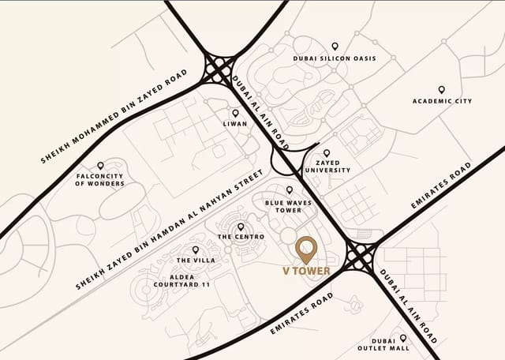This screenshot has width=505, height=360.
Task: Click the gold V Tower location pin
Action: pos(306,249)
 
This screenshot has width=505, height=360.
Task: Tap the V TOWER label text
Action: pos(306,271)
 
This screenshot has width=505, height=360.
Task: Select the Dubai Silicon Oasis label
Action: pos(335,58)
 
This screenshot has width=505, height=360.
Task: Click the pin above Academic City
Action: pos(441,89)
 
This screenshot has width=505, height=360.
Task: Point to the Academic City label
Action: pos(442,101)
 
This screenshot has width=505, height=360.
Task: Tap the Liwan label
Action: pos(235,124)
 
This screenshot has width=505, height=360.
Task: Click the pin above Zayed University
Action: pos(327,153)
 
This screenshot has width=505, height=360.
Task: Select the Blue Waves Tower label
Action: pos(289,206)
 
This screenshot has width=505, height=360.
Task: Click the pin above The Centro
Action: pos(240,227)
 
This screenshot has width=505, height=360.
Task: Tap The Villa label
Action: pos(196,260)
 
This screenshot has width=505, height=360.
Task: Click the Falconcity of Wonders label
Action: pos(100,179)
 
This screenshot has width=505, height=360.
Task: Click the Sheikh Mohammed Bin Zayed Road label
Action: pos(114,117)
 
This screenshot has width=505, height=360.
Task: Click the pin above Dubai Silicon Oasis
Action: pos(335,47)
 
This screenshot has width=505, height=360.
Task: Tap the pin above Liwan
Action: pos(235,113)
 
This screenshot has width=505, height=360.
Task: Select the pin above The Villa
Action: pos(196,249)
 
